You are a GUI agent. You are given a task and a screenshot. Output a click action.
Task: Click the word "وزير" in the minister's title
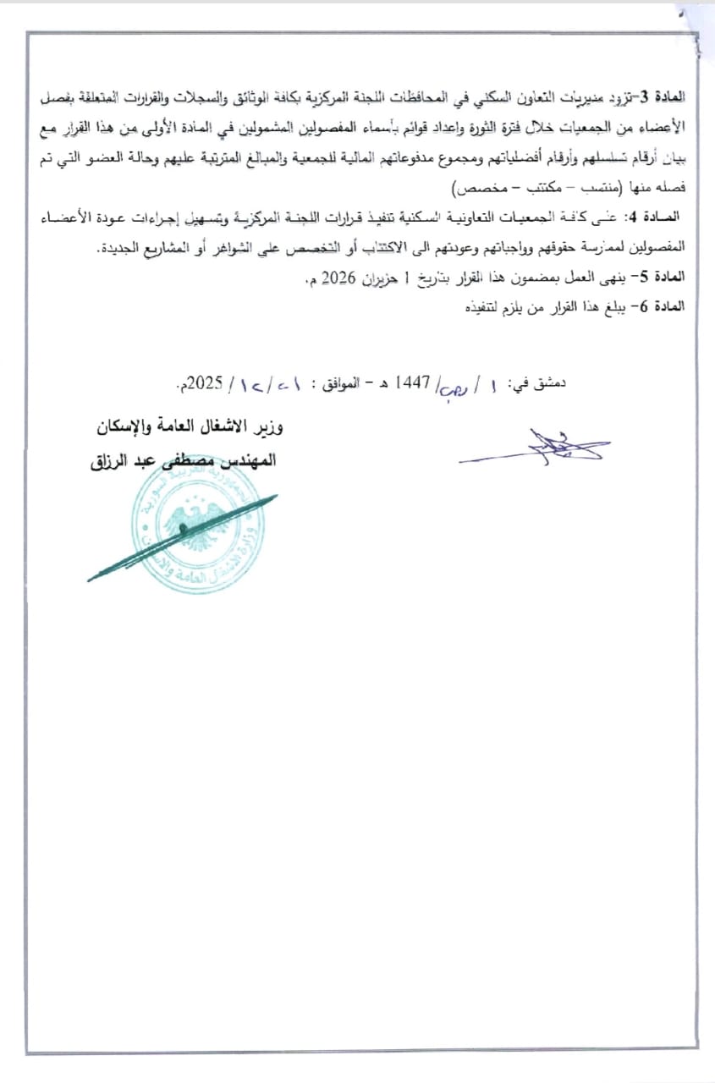(x=267, y=428)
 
